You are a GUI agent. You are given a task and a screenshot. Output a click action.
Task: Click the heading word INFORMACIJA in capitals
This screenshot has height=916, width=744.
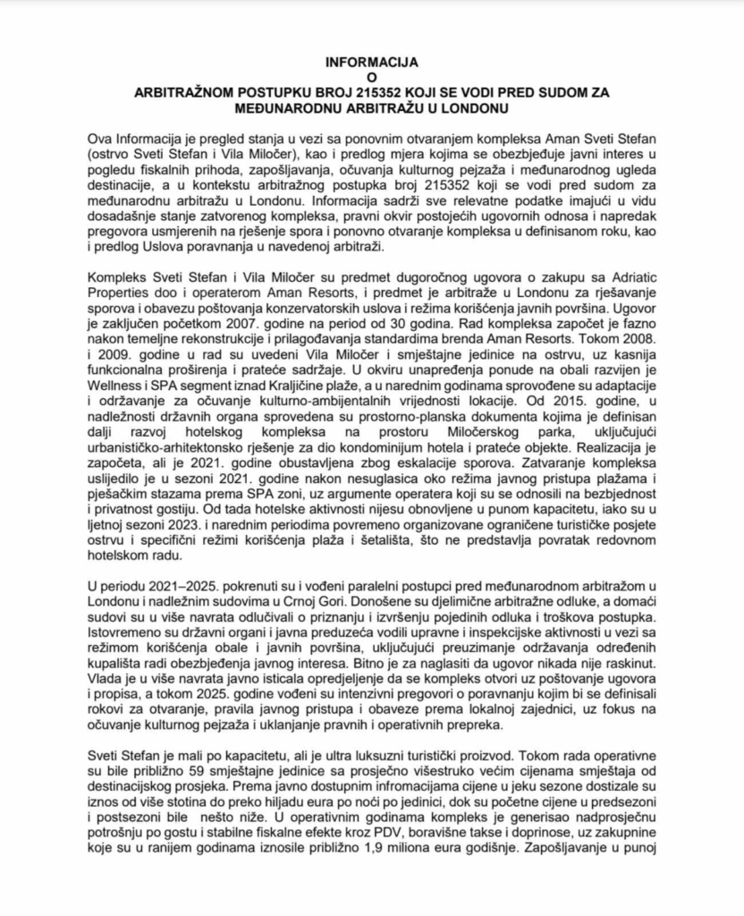(x=371, y=64)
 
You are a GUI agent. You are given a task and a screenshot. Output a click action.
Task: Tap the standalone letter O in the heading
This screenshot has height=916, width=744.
(x=371, y=78)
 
